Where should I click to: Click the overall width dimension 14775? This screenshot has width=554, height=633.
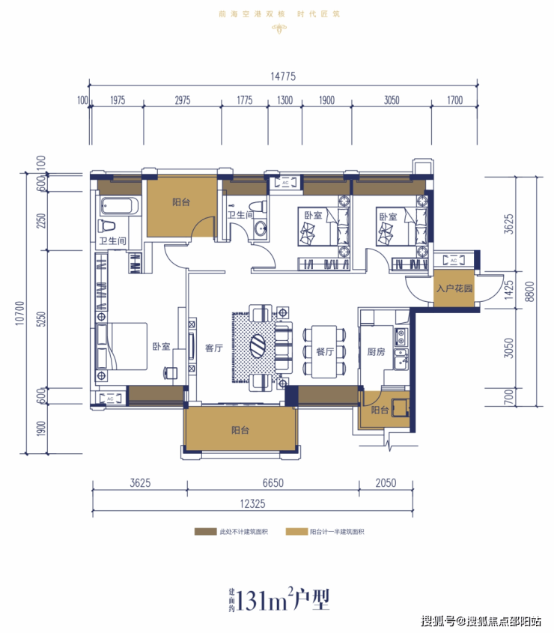(x=283, y=76)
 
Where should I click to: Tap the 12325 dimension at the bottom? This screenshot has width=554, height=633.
(x=252, y=504)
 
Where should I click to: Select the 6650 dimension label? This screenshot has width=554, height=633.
(x=273, y=483)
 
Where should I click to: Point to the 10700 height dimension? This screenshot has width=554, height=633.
(x=19, y=313)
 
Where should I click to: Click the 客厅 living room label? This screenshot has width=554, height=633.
(x=214, y=348)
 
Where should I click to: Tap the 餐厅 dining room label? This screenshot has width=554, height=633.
(x=325, y=351)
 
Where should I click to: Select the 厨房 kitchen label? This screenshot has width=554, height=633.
(x=376, y=352)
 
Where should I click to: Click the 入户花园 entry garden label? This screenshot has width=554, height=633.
(x=454, y=288)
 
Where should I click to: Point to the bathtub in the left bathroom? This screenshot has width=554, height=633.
(x=120, y=206)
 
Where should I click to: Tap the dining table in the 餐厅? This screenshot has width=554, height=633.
(x=324, y=351)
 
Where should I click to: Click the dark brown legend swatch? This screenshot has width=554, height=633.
(x=205, y=532)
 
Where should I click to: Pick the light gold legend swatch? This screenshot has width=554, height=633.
(x=296, y=532)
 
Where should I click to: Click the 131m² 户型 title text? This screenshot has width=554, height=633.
(x=279, y=600)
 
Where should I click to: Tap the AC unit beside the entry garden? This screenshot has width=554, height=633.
(x=454, y=261)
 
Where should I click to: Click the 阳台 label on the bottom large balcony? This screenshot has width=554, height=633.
(x=240, y=430)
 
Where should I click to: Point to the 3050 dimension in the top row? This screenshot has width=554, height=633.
(x=392, y=100)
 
